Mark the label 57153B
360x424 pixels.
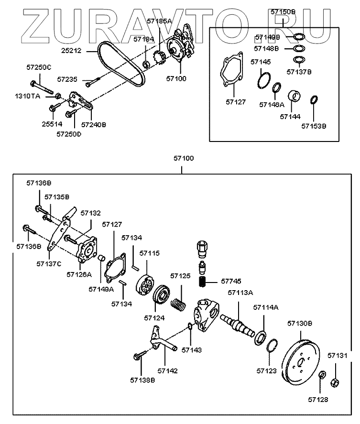(314, 126)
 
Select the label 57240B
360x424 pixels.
(93, 124)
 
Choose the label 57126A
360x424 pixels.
(79, 274)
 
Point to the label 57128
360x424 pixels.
(318, 399)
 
